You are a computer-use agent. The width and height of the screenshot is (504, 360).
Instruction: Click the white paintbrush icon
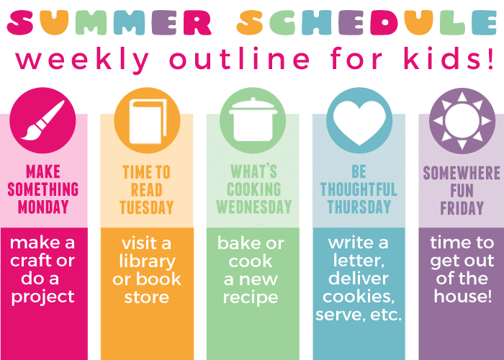click(42, 120)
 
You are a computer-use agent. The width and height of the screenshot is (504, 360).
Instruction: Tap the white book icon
click(148, 121)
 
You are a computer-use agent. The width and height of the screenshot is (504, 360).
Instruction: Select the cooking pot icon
click(253, 120)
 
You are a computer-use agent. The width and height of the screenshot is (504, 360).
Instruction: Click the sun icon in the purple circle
click(462, 120)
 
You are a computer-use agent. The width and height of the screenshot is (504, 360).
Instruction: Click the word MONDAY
click(43, 207)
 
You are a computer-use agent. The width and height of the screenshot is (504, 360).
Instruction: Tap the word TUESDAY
click(147, 207)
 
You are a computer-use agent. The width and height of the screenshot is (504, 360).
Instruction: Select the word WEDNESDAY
click(253, 207)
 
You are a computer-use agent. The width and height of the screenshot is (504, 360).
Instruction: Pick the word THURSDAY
click(359, 207)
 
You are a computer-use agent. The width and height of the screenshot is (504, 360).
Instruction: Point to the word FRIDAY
click(462, 207)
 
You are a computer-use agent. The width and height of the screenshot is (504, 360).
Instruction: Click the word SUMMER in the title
click(109, 22)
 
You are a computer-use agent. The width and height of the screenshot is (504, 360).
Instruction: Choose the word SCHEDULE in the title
click(366, 22)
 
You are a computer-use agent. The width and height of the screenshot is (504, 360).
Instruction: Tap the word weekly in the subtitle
click(82, 60)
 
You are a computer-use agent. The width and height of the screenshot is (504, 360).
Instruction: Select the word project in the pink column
click(42, 297)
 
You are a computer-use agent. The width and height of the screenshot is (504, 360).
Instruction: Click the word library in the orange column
click(147, 262)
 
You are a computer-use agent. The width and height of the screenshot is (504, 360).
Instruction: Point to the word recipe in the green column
click(251, 297)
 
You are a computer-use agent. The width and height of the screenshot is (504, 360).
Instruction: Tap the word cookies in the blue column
click(358, 297)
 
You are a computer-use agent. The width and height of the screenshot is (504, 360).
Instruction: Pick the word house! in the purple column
click(462, 296)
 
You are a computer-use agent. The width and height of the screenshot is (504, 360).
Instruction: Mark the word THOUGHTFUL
click(359, 189)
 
